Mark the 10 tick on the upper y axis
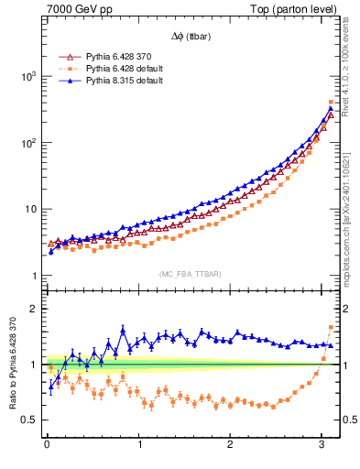[x=27, y=210]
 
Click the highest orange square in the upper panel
[x=331, y=102]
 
